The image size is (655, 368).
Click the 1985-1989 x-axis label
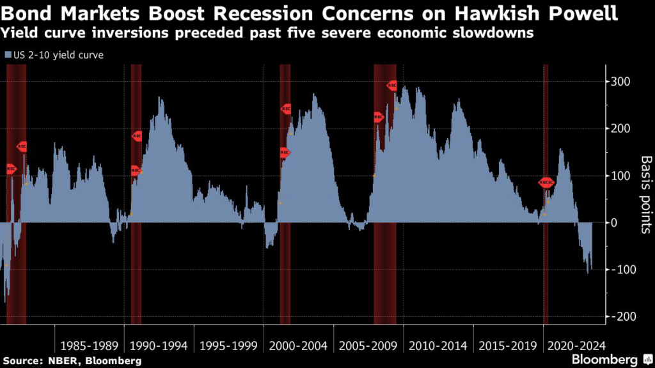(x=90, y=346)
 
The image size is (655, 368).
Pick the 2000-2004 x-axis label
(x=299, y=346)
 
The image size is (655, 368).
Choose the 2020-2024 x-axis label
(x=572, y=346)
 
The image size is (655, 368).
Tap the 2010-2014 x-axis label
(x=438, y=346)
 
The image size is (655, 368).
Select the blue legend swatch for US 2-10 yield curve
(x=7, y=56)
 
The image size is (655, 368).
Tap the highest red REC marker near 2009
(x=393, y=85)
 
